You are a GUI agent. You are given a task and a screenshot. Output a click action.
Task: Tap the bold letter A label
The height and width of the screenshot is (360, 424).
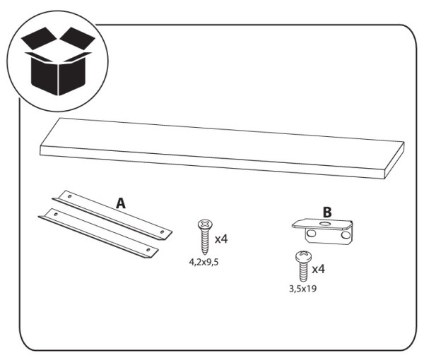tap(121, 203)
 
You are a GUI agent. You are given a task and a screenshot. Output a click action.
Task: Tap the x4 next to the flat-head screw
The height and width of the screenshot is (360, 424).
tap(220, 239)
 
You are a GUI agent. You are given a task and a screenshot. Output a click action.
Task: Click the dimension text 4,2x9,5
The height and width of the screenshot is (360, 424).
tap(204, 260)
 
